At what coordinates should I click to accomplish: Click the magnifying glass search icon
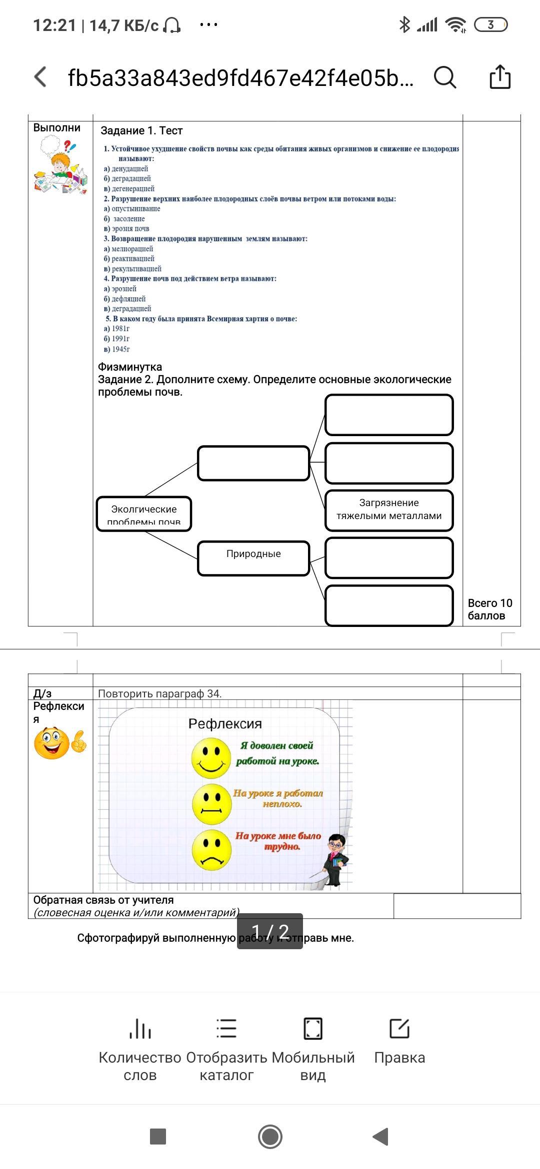pos(444,77)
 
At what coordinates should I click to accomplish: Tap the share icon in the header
pos(499,77)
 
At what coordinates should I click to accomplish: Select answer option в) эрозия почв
pos(126,229)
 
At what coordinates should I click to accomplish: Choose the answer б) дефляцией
pos(124,299)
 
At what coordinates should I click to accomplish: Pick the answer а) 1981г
pos(116,329)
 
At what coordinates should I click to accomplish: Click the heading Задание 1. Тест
pos(141,131)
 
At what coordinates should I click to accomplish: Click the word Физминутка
pos(130,367)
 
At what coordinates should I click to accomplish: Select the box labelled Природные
pos(253,558)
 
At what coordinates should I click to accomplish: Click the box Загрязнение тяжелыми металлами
pos(389,510)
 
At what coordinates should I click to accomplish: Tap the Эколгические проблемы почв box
pos(144,514)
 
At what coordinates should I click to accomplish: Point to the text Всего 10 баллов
pos(490,609)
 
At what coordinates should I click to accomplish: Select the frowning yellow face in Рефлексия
pos(211,850)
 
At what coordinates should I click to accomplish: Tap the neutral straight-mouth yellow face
pos(211,804)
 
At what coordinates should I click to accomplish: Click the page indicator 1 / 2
pos(270,932)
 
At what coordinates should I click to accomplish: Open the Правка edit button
pos(399,1042)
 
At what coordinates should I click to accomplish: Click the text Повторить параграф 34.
pos(160,693)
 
